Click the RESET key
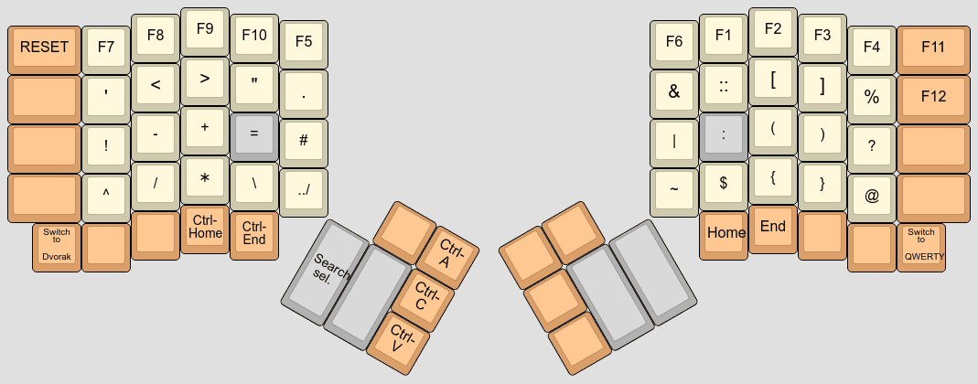coord(44,48)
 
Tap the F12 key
coord(932,96)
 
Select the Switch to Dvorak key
coord(57,246)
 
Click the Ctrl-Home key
coord(205,228)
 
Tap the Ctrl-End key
coord(254,234)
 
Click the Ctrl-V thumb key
coord(399,339)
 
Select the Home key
coord(725,233)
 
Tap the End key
coord(773,228)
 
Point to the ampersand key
coord(674,91)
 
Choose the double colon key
coord(724,85)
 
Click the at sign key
coord(871,195)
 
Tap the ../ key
coord(304,189)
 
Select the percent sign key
coord(871,96)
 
